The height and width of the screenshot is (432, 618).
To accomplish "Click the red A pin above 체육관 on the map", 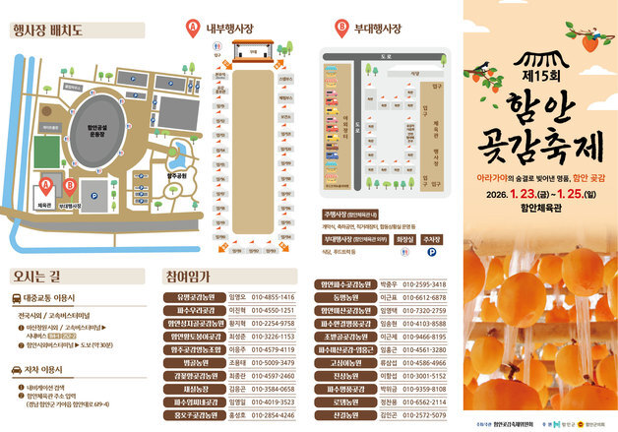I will coord(44,182).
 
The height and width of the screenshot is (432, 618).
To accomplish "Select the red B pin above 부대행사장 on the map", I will coord(70,183).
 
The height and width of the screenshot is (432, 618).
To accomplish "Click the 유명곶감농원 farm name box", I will coord(194,295).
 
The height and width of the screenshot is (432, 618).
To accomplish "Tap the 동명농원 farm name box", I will coord(345,297).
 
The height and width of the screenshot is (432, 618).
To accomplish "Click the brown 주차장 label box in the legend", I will coord(431,238).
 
